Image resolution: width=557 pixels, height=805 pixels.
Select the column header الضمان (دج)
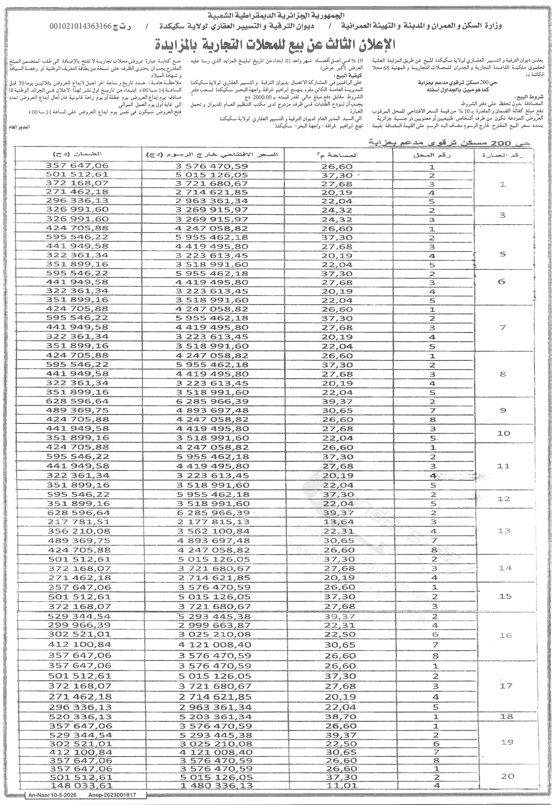[x=78, y=154]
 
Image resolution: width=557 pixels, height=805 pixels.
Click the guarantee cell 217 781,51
[x=78, y=522]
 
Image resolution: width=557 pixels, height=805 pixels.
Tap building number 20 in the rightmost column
[x=508, y=776]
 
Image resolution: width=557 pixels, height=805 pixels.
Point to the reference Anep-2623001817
[x=112, y=795]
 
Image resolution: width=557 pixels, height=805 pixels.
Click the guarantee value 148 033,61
[x=81, y=785]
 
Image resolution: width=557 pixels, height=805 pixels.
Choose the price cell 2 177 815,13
[x=213, y=522]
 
